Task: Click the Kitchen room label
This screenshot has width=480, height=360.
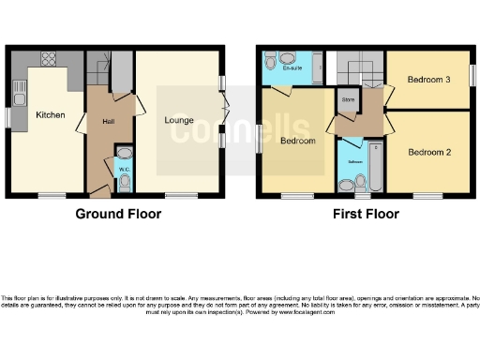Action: [51, 114]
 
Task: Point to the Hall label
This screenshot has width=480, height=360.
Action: [109, 121]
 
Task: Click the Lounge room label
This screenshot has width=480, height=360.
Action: [180, 121]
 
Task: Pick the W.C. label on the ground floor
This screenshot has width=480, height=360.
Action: [123, 169]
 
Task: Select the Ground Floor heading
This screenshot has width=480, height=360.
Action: [118, 214]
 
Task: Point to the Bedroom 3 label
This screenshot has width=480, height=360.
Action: [427, 80]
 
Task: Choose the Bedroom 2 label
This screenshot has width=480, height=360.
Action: [427, 151]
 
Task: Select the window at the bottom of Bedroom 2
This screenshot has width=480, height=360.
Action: [427, 196]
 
